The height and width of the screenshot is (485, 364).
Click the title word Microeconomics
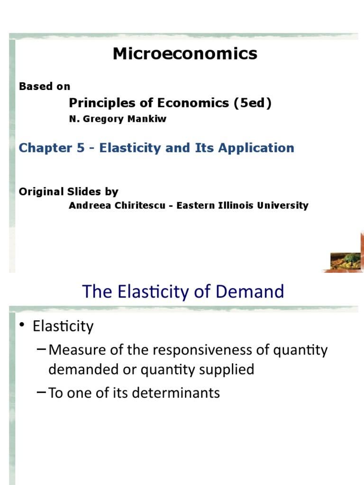[185, 54]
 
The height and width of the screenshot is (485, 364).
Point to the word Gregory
[105, 119]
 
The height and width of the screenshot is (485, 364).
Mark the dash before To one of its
[42, 392]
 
